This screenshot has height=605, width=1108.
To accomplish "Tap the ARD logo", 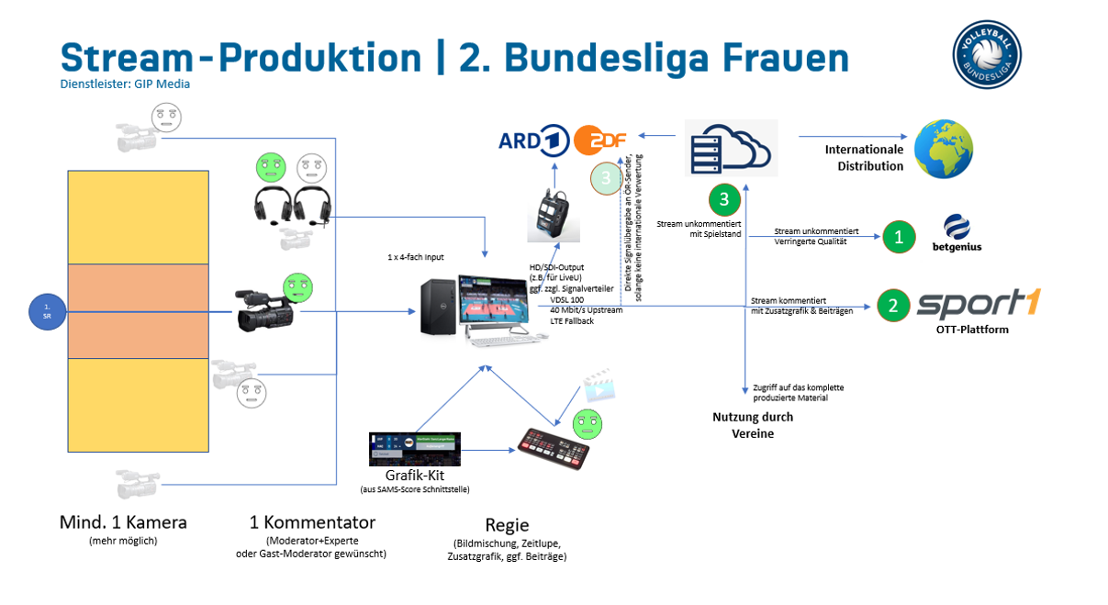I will (533, 140).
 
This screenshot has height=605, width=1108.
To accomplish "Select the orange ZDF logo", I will (600, 141).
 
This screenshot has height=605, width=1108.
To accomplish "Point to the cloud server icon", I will (732, 148).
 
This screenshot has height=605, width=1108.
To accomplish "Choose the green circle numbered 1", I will (899, 237).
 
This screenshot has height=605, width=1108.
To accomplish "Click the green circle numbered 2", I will (891, 306).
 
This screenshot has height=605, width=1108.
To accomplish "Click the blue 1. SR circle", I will (46, 310).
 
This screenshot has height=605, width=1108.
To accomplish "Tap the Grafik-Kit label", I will (415, 476).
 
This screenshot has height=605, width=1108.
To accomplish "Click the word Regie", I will (506, 525).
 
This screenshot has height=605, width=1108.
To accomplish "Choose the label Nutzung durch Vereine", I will (753, 425).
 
